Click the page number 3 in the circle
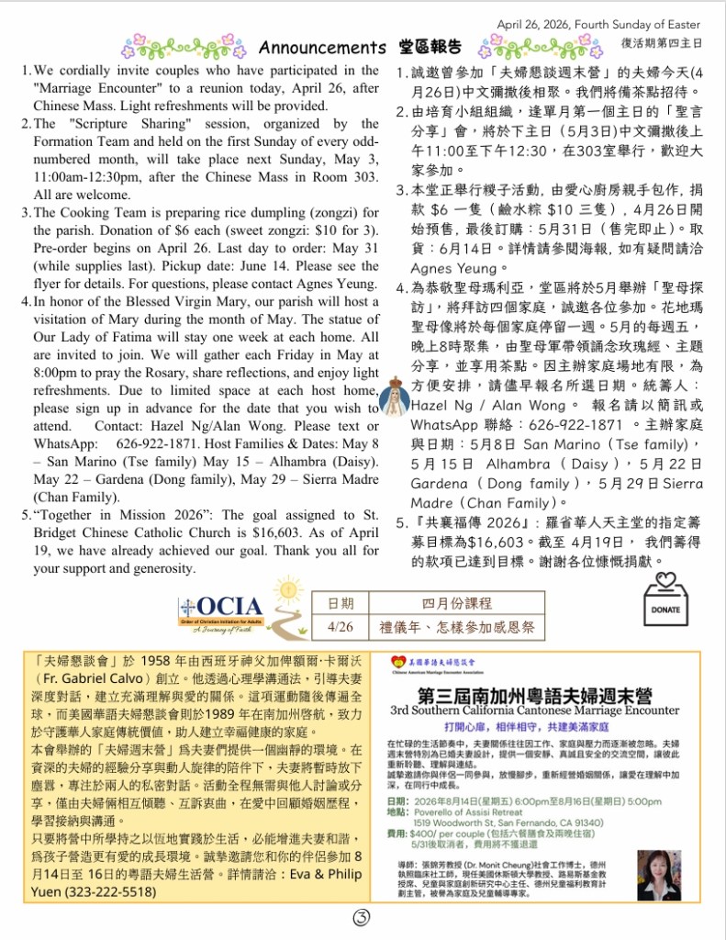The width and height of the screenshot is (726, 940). pyautogui.click(x=362, y=919)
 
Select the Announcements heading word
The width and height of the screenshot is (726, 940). pyautogui.click(x=321, y=47)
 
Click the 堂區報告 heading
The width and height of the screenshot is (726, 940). pyautogui.click(x=430, y=46)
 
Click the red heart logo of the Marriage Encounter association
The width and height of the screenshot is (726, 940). pyautogui.click(x=397, y=661)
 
